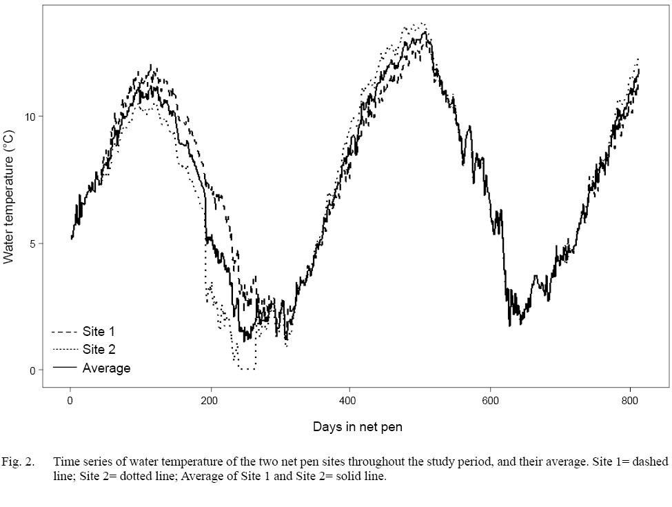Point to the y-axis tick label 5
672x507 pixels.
point(31,243)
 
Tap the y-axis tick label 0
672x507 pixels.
point(31,370)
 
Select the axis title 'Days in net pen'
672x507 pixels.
point(357,427)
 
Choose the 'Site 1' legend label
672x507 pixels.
point(99,332)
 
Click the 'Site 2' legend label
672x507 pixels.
point(99,350)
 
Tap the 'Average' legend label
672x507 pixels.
point(106,368)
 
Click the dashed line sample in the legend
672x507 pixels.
point(63,332)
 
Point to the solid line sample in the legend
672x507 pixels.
point(63,368)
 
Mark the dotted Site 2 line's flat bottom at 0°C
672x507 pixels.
point(247,370)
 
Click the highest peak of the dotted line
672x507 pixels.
point(421,23)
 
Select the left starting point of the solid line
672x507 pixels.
point(71,239)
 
